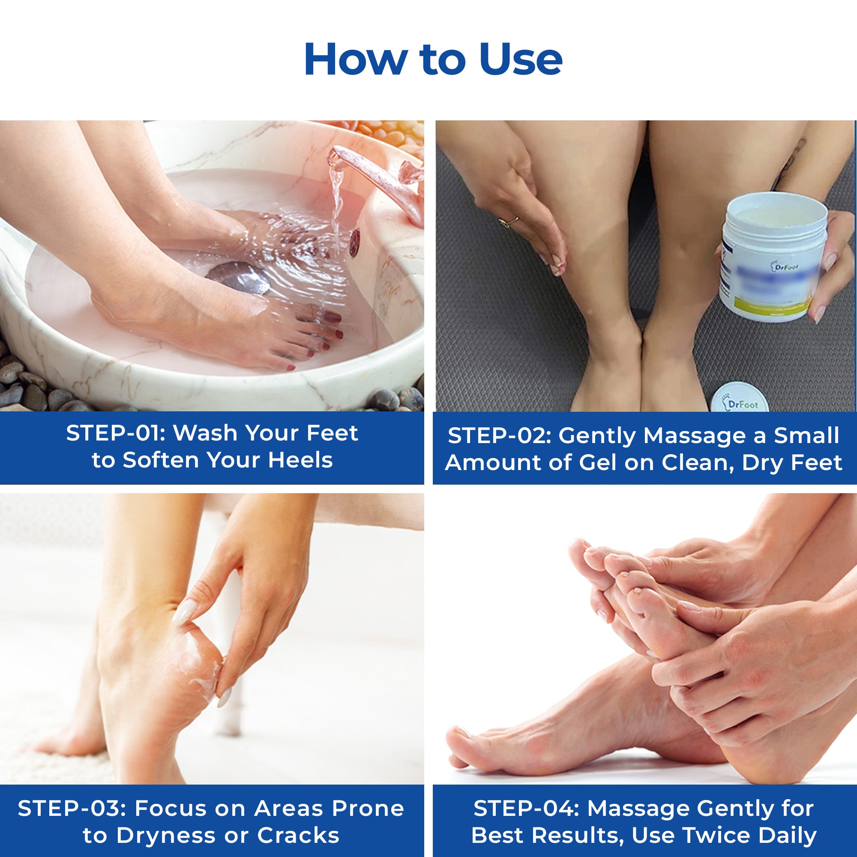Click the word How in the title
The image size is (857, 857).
(x=355, y=60)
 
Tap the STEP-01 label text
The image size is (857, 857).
(x=115, y=433)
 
